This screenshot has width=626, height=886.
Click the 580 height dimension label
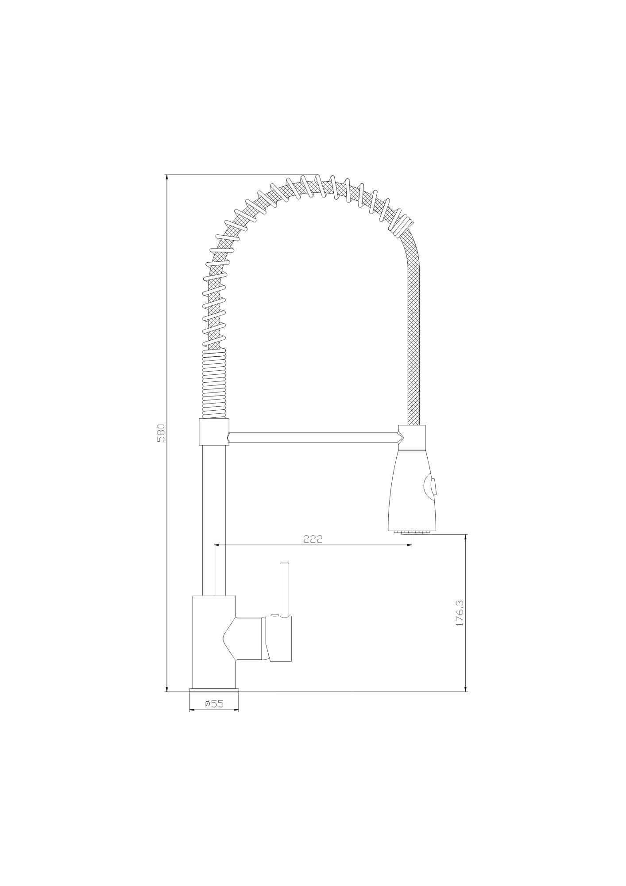click(161, 433)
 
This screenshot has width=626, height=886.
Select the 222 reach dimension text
click(313, 539)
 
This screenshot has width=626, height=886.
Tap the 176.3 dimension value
click(460, 613)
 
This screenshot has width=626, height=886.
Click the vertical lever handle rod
click(285, 590)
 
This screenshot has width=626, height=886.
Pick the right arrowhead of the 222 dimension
click(410, 545)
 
